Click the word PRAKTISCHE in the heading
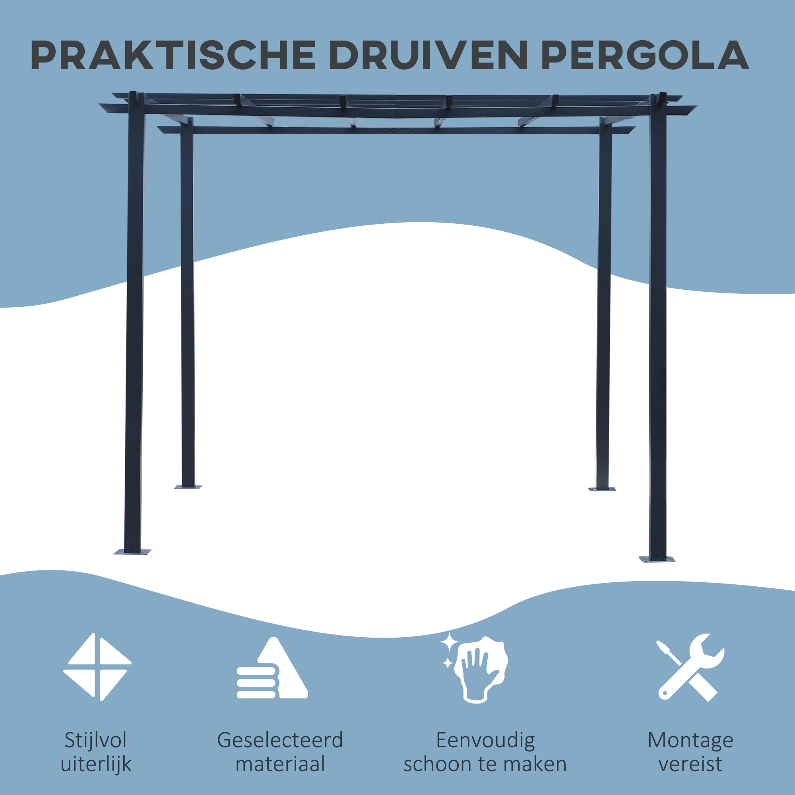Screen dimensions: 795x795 click(173, 55)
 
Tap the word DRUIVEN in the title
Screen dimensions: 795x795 click(429, 55)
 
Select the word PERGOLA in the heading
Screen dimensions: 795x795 click(645, 55)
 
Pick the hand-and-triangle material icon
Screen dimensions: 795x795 click(272, 668)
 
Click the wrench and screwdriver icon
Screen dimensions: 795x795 click(690, 667)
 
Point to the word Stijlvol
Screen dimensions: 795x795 click(95, 741)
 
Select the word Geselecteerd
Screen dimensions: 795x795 click(280, 741)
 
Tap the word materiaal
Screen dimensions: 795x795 click(280, 764)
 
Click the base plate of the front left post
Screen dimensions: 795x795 click(132, 552)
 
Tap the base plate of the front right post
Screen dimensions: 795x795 click(657, 559)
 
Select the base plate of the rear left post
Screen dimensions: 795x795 click(188, 487)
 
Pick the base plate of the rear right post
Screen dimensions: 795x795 click(602, 489)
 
